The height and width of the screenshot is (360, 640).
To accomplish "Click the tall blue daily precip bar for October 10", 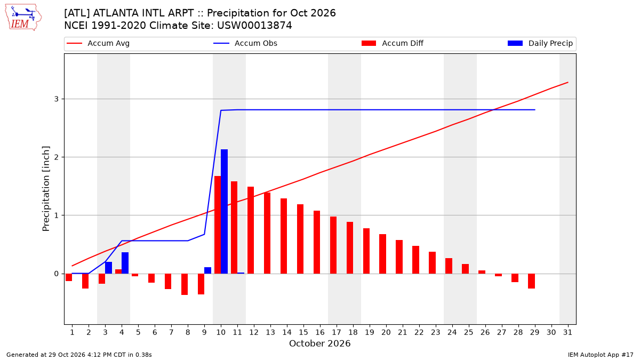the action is [225, 211].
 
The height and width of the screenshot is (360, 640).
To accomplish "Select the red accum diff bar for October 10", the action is [218, 225].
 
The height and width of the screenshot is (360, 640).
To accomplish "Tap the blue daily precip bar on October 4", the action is [125, 263].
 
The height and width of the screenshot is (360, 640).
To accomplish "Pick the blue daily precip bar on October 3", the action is [109, 268].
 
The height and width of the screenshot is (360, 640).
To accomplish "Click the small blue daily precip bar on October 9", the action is [207, 270].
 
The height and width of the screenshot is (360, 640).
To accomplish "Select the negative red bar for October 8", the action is [185, 284].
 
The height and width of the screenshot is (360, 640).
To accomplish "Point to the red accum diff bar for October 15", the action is [300, 239].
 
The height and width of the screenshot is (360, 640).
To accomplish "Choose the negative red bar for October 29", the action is [531, 281].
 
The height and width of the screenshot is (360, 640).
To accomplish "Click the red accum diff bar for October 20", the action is [383, 254].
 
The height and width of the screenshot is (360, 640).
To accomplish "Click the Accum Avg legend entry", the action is [98, 43].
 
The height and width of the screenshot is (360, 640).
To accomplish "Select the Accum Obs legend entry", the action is [245, 43].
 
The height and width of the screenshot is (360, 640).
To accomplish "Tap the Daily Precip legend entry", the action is [540, 43].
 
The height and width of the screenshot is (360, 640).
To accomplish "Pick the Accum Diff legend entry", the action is [393, 43].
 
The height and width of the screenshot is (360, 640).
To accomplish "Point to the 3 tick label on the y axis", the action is [57, 99].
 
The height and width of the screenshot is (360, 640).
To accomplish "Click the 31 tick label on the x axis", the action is [567, 332].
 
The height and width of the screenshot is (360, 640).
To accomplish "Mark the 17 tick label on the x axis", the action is [337, 332].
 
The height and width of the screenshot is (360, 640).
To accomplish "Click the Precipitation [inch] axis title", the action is [46, 189].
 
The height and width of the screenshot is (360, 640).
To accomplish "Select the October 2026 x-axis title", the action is [319, 343].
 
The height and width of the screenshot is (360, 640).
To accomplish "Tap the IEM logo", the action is [23, 18].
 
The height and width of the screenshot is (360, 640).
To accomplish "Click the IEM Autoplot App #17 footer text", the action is [601, 355].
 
